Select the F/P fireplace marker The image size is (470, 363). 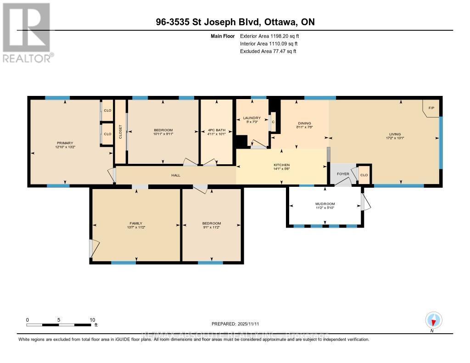point(431,108)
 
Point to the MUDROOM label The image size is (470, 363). point(325,204)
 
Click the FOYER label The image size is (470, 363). point(343,174)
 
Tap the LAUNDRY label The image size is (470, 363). point(252,118)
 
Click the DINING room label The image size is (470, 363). point(304,123)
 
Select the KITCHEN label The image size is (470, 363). point(282,165)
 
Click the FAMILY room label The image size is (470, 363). point(135,223)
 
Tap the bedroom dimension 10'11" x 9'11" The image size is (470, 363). point(163,134)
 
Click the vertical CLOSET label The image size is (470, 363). point(121,132)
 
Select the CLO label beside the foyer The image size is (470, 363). point(364,175)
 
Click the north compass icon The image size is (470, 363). point(433,320)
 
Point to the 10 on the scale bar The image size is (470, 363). point(92,320)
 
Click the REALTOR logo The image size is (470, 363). point(28,32)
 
